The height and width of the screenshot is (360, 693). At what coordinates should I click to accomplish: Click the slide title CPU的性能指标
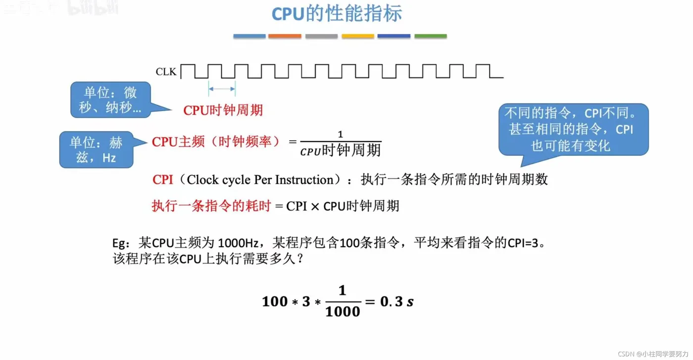(x=337, y=14)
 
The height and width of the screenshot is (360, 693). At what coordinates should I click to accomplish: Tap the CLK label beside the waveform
(x=166, y=72)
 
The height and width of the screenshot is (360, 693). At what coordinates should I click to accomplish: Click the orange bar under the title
(x=285, y=36)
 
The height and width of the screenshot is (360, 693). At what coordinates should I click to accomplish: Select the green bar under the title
(x=430, y=36)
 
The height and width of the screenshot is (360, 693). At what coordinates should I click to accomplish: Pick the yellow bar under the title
(x=357, y=36)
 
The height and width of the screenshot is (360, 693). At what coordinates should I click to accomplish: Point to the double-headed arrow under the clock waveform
(x=222, y=89)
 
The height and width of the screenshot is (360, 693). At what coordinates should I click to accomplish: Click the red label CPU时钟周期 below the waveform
(x=223, y=110)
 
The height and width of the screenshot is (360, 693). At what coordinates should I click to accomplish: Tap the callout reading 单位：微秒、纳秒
(x=110, y=100)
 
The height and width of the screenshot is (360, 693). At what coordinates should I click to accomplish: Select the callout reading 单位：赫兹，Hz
(x=96, y=150)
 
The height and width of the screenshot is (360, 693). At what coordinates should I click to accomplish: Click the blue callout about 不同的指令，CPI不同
(x=573, y=129)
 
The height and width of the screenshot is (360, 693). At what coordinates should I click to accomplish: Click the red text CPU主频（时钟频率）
(x=216, y=142)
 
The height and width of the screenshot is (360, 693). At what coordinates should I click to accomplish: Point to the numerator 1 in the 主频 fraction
(x=340, y=135)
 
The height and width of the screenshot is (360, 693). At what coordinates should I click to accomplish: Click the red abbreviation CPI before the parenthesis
(x=162, y=179)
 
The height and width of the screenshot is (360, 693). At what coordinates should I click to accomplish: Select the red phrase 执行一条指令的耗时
(x=211, y=206)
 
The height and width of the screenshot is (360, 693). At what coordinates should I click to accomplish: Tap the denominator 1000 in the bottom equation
(x=343, y=311)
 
